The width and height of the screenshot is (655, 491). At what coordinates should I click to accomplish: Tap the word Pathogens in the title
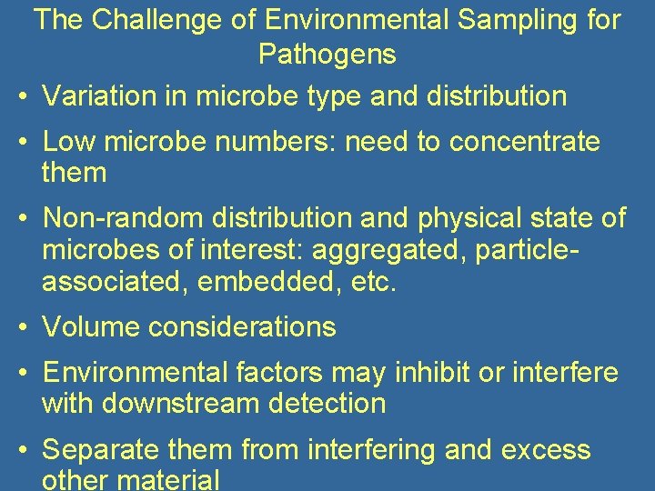click(x=327, y=55)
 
